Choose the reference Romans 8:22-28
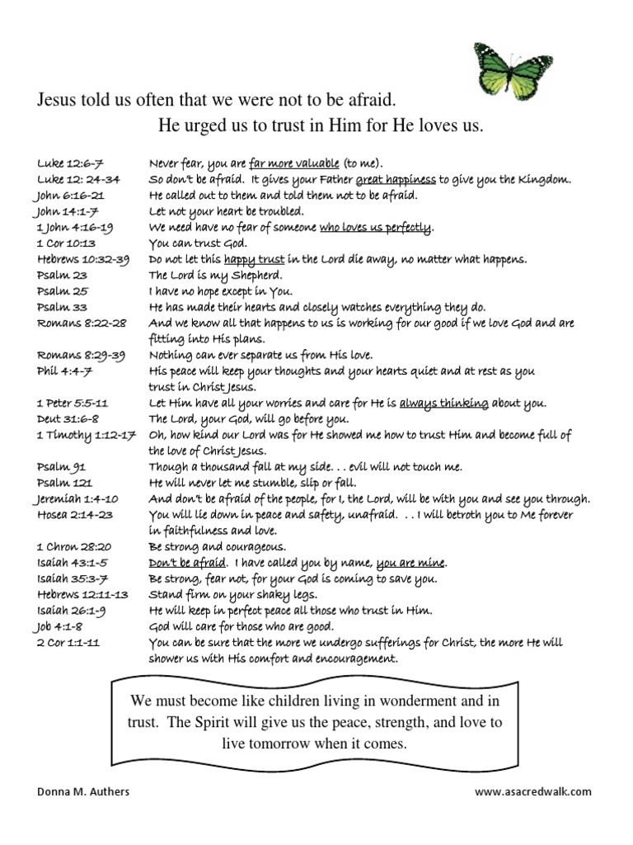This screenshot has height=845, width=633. (x=80, y=323)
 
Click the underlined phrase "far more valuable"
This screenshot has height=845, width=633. (x=294, y=163)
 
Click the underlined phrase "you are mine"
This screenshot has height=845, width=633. (x=410, y=564)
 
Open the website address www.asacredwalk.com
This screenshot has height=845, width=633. (x=533, y=791)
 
